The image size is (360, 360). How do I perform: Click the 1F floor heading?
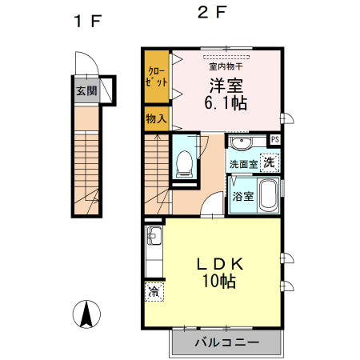88,21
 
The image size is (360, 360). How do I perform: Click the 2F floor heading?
212,12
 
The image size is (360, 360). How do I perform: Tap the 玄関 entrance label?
86,91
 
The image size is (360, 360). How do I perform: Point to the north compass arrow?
86,314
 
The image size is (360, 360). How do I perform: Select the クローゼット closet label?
157,77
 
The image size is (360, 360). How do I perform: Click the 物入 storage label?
156,118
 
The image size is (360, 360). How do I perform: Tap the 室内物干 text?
226,66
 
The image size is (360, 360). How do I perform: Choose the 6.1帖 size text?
226,103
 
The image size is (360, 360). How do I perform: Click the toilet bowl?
184,164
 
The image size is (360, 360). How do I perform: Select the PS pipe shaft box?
275,139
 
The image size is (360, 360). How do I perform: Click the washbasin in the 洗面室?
242,143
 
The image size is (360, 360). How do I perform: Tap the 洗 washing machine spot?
269,162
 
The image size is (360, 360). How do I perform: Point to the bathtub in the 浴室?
268,195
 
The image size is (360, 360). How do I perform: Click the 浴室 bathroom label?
242,197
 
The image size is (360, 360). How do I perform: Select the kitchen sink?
154,235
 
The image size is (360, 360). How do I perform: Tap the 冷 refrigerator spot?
154,292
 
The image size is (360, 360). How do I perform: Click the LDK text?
220,264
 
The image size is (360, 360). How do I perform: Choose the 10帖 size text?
219,281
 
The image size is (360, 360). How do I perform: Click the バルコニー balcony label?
226,342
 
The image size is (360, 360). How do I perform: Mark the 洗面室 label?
243,164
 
